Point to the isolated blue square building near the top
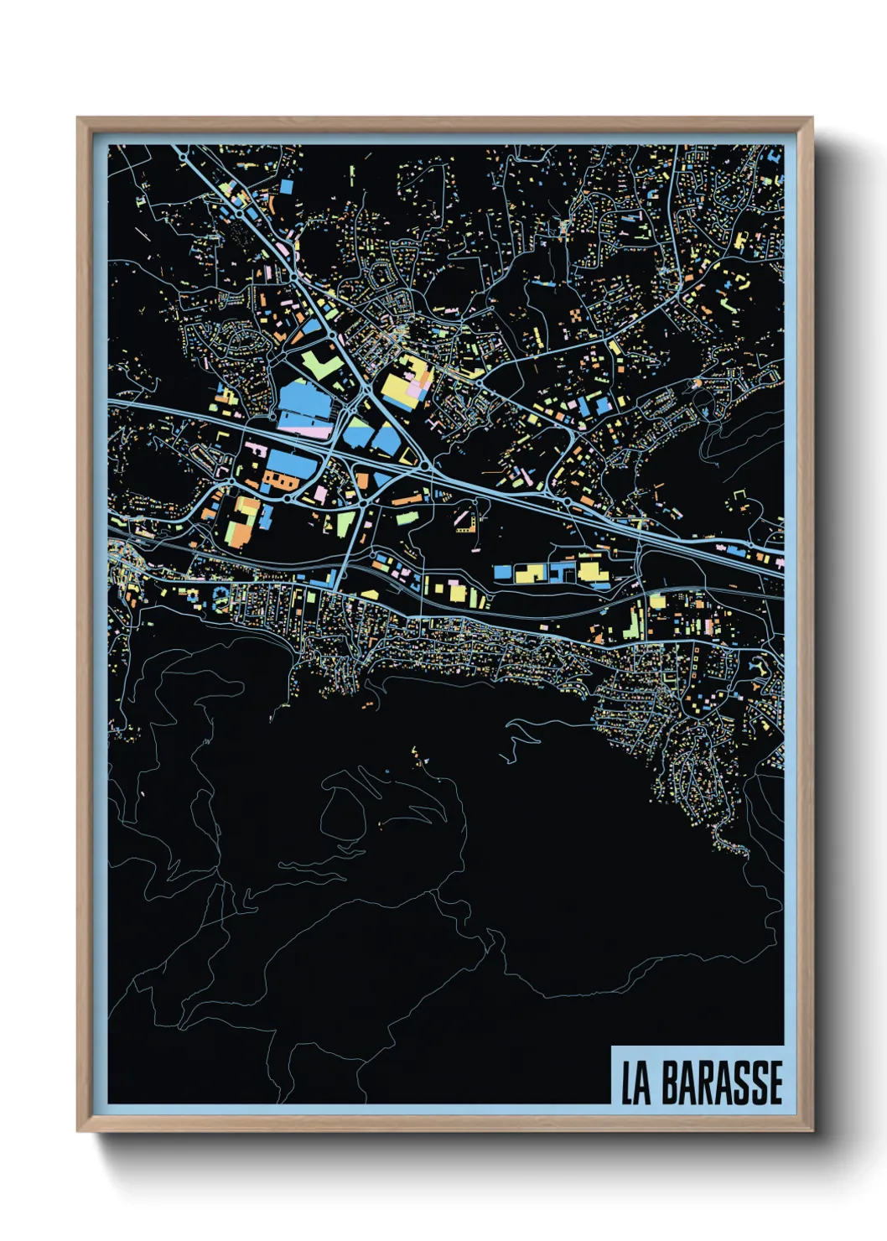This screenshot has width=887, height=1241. click(x=286, y=186)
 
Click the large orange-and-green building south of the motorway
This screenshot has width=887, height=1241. click(x=245, y=521)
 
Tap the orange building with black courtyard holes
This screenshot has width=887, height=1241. click(x=282, y=481)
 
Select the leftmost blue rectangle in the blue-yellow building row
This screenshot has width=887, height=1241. click(x=502, y=572)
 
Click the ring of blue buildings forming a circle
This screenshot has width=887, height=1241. click(x=220, y=597)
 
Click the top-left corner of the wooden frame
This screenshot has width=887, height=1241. click(x=79, y=120)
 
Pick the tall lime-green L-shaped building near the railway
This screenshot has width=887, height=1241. click(x=634, y=618)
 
